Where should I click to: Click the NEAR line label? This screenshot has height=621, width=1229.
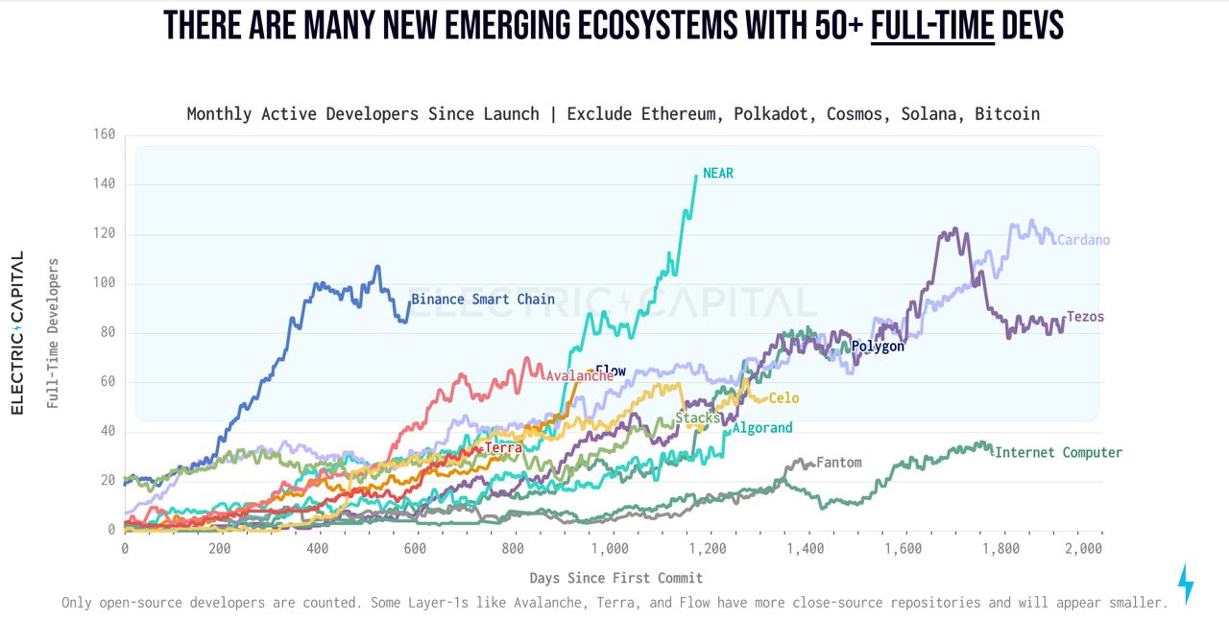point(717,174)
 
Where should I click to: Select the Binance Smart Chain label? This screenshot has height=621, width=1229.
point(483,299)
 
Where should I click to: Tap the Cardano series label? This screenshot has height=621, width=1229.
point(1083,240)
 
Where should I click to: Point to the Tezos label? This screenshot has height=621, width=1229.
point(1085,317)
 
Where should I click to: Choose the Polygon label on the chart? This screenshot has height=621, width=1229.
point(878,346)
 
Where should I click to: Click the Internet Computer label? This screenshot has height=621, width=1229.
point(1058,453)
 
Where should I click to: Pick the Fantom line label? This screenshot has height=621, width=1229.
point(838,463)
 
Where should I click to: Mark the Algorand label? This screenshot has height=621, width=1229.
point(762,428)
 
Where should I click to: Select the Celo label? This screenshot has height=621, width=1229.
point(783,398)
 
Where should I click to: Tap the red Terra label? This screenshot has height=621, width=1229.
point(503,448)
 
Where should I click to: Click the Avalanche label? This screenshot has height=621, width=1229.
point(579,376)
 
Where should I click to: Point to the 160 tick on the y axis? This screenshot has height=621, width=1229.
point(104,134)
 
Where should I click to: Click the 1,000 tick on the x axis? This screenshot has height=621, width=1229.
point(610,549)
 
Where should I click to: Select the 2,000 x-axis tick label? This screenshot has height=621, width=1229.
point(1083,549)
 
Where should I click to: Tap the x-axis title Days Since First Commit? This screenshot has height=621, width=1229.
point(615,578)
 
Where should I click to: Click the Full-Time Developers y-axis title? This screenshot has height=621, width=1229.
point(54,333)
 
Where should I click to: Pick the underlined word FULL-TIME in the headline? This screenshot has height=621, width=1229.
point(932,26)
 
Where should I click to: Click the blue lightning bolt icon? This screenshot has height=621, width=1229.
point(1186,584)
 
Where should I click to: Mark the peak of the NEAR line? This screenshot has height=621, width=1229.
point(696,176)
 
